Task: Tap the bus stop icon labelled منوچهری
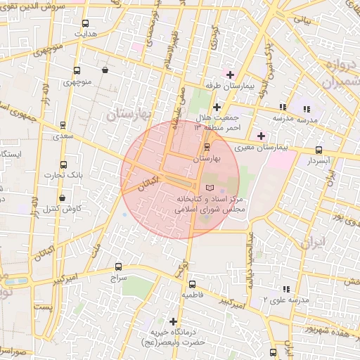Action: coord(77,70)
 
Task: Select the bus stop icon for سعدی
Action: coord(64,124)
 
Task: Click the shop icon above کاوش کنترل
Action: coord(63,198)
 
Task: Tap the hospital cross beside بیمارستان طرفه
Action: coord(230,75)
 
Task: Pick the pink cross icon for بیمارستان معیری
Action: coord(262,136)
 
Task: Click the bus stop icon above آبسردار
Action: coord(319,150)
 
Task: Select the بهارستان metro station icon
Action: coord(206,147)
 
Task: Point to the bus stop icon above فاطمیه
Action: coord(192,284)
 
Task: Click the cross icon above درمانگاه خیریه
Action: coord(173,321)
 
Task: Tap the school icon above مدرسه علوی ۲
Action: coord(285,289)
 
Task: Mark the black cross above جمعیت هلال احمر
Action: coord(217,107)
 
